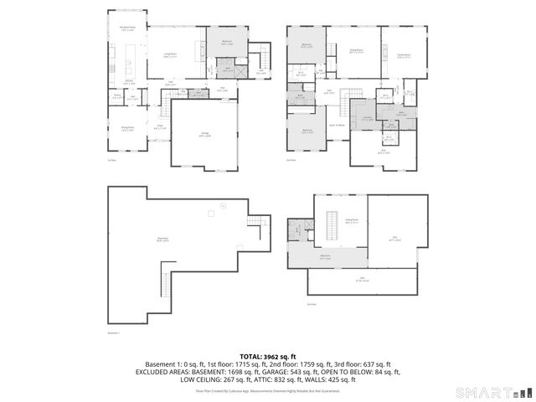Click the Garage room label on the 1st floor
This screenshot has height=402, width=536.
[204, 135]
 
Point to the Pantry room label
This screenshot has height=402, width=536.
[117, 96]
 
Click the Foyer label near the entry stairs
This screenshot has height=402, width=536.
[159, 126]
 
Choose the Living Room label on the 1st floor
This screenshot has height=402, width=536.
[170, 54]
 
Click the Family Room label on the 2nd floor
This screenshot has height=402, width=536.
[403, 56]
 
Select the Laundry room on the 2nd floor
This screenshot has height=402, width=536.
[367, 118]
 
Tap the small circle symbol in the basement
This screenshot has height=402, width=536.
[224, 206]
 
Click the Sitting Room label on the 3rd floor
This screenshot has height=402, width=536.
[352, 222]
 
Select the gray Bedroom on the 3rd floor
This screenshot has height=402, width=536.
[325, 257]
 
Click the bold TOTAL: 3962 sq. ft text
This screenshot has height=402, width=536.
[268, 357]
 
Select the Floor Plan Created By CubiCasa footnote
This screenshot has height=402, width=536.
[268, 390]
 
